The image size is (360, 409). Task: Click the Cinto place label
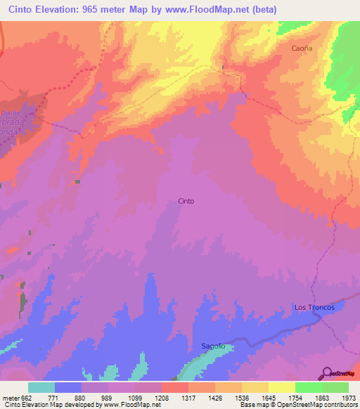186,201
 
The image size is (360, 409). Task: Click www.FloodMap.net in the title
207,10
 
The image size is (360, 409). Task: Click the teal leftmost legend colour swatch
41,387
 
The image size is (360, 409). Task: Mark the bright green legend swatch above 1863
308,387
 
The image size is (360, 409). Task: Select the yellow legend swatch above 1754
281,387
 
